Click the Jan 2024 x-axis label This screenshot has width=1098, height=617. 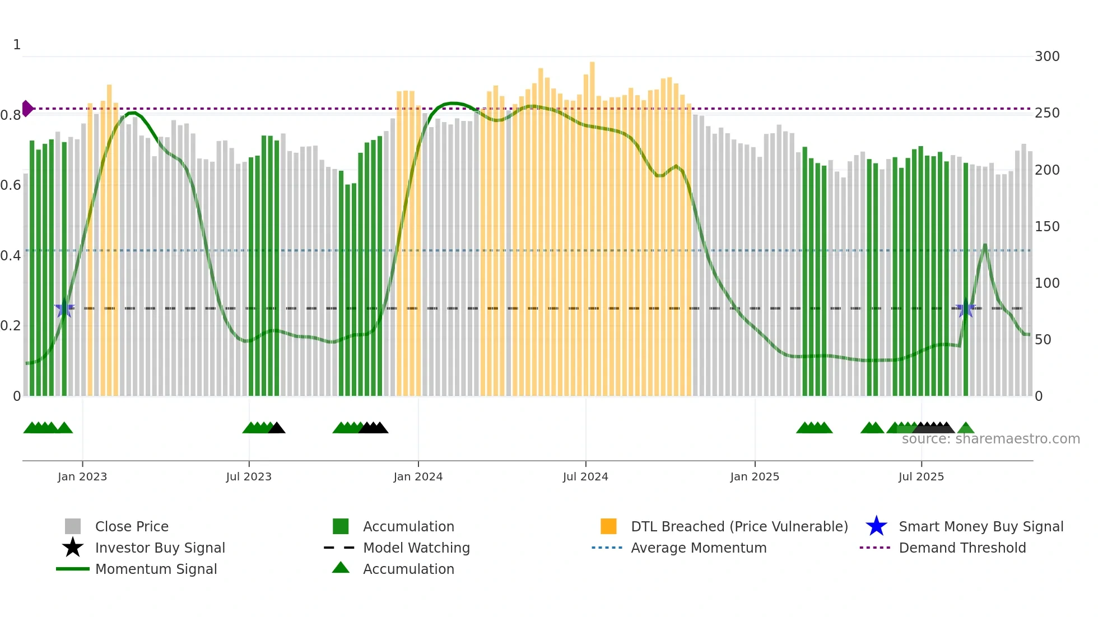pos(418,476)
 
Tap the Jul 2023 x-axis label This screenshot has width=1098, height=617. pos(249,476)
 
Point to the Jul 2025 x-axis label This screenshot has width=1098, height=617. pos(921,476)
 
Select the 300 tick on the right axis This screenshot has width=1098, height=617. pos(1046,57)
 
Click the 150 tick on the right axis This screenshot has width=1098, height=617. pos(1046,227)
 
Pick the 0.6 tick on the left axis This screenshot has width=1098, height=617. pos(11,185)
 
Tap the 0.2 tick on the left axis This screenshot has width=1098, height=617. pos(11,326)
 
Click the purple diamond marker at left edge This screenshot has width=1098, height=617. pos(27,109)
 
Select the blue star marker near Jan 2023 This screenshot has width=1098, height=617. pos(64,308)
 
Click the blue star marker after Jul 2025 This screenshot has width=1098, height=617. pos(965,308)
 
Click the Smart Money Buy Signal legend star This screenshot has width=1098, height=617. pos(876,526)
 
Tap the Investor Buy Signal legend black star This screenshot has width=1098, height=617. pos(73,548)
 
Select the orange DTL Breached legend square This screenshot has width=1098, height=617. pos(608,526)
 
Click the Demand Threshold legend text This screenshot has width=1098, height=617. pos(962,548)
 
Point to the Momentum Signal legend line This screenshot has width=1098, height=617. pos(73,569)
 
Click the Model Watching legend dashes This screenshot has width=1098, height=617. pos(339,548)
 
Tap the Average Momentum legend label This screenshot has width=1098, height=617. pos(698,548)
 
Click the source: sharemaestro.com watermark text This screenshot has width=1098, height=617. pos(990,439)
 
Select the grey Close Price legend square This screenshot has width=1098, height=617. pos(73,526)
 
